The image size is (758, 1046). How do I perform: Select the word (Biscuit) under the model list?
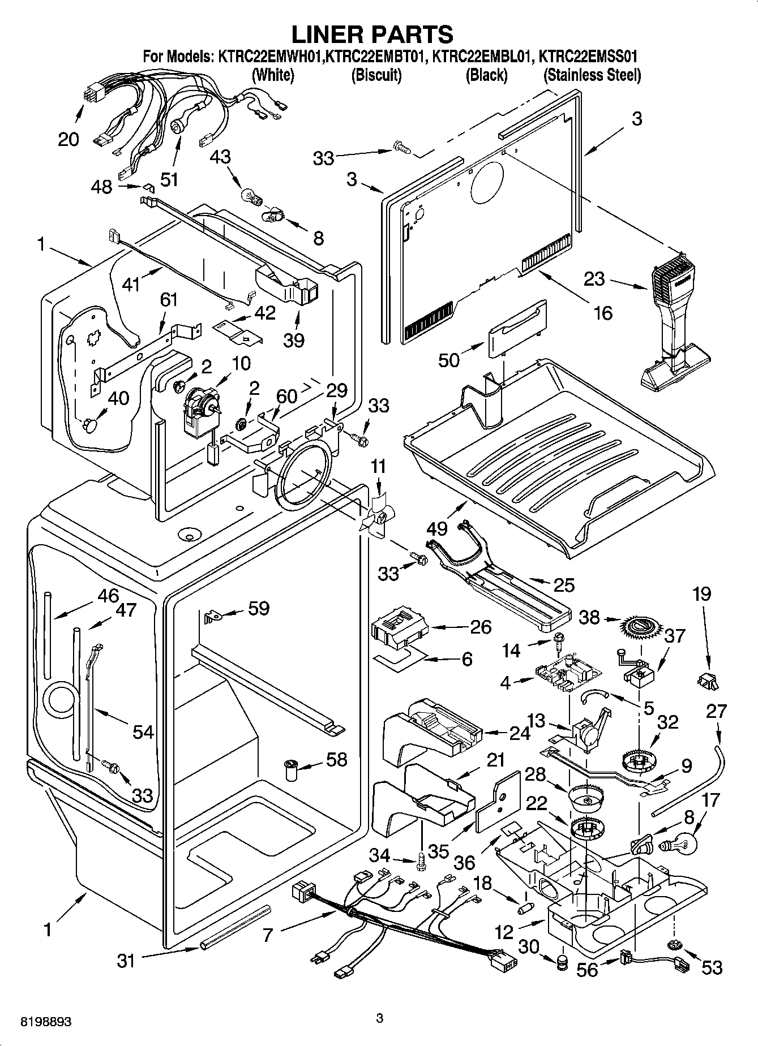pyautogui.click(x=376, y=75)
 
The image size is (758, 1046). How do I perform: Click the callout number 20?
pyautogui.click(x=68, y=139)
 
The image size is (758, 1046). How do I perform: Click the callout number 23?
pyautogui.click(x=594, y=279)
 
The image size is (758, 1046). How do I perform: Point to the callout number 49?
pyautogui.click(x=438, y=528)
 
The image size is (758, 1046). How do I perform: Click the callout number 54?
pyautogui.click(x=143, y=731)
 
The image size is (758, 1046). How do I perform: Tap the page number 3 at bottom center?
pyautogui.click(x=379, y=1019)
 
